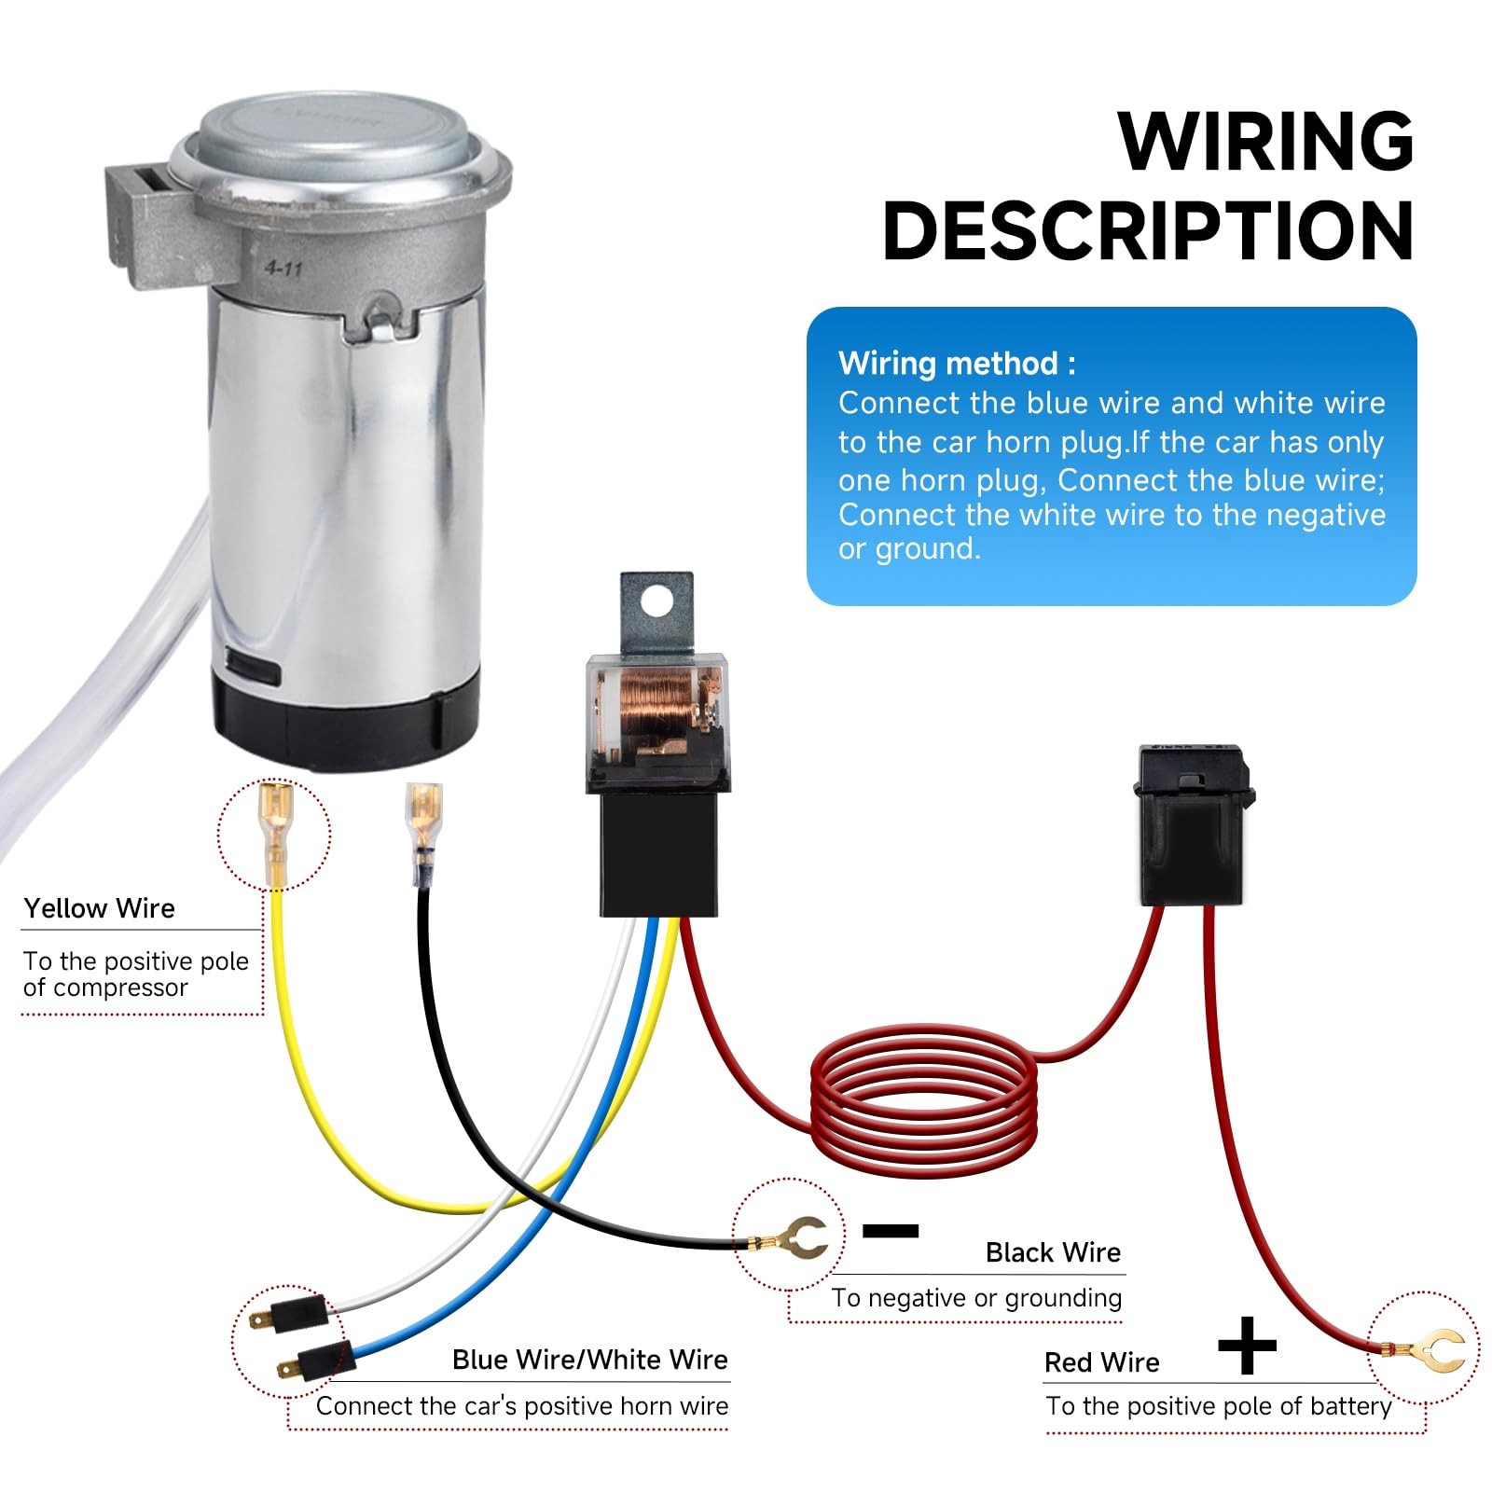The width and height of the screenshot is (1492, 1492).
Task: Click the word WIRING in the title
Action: tap(1265, 141)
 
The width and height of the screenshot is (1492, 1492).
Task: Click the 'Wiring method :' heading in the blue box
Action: tap(957, 363)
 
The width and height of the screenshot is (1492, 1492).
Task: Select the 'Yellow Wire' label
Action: tap(99, 908)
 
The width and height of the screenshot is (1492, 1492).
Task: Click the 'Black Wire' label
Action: tap(1053, 1252)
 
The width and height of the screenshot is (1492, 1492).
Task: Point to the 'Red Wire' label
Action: tap(1101, 1362)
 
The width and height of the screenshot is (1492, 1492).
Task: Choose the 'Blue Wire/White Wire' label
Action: tap(589, 1360)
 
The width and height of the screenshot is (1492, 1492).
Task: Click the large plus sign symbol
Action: tap(1247, 1346)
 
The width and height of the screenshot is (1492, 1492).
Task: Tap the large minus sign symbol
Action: tap(891, 1231)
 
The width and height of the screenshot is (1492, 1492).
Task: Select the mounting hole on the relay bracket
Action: tap(656, 601)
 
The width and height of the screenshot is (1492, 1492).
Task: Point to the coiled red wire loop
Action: tap(923, 1100)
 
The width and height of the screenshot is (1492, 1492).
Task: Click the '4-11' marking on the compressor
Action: tap(283, 269)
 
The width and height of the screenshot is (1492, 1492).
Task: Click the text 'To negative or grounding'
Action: tap(976, 1298)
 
